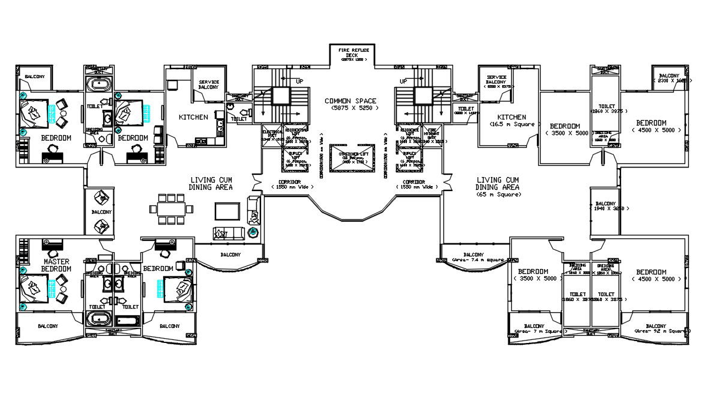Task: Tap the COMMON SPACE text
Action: (351, 101)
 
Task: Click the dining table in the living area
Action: (172, 209)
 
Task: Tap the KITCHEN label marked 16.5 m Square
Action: (511, 121)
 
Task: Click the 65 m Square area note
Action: (497, 195)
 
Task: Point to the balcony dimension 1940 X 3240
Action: (606, 208)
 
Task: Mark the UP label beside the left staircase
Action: (299, 80)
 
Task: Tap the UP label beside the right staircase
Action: (403, 80)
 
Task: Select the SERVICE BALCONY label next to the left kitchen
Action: (209, 85)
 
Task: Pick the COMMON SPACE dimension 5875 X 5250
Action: (351, 109)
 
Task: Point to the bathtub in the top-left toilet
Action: (98, 83)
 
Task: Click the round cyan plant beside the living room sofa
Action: (253, 232)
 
